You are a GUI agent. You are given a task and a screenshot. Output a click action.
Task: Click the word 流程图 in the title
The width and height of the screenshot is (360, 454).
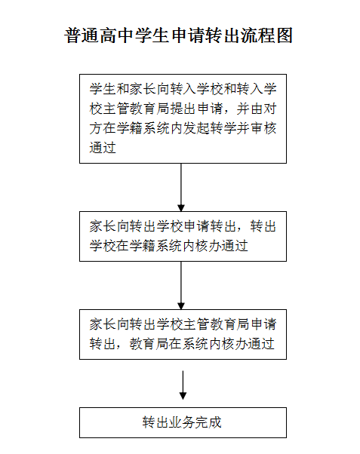point(266,36)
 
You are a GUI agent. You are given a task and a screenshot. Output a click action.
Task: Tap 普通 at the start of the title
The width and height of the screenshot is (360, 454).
point(82,36)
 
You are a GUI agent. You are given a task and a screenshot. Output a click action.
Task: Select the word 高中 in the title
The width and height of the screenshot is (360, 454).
point(117,36)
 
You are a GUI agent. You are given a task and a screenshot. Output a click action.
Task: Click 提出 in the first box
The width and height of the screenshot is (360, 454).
point(183,109)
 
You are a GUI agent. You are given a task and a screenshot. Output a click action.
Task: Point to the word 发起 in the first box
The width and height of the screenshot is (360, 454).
point(197,128)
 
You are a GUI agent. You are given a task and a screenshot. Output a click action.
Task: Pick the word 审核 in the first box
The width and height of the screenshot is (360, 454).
point(263,128)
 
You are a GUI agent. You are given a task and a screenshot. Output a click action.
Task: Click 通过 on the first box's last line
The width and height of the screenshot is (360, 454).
point(103,148)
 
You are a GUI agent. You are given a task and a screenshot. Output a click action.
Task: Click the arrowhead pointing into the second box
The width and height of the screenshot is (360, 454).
point(181,208)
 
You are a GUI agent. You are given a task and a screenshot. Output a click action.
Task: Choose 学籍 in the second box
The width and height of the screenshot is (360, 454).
point(143,246)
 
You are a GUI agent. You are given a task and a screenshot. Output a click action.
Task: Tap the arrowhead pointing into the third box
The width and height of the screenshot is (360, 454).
point(181,306)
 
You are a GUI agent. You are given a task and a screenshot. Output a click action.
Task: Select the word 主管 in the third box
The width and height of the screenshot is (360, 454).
point(197,324)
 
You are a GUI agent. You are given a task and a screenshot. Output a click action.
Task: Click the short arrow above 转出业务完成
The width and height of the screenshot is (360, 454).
point(183,385)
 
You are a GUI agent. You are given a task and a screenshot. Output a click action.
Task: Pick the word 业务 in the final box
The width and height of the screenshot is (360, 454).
point(182,422)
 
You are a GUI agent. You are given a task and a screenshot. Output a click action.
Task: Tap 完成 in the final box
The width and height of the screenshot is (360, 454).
point(208,422)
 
